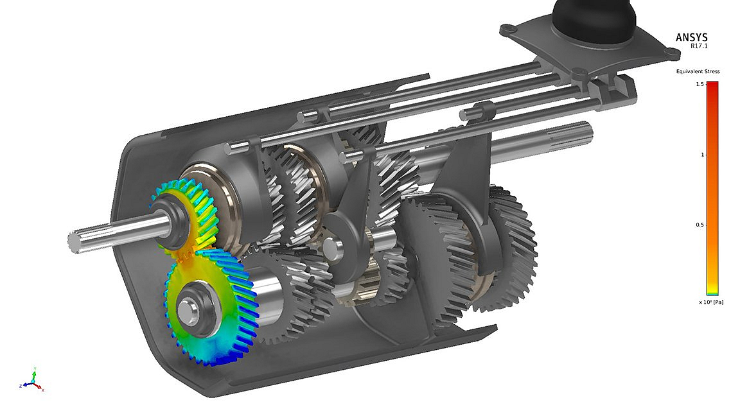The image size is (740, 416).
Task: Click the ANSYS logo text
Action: (691, 37)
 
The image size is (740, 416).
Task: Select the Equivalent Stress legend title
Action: (697, 71)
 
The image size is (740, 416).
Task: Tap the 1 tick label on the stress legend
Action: (701, 155)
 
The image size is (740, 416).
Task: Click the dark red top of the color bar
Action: (712, 86)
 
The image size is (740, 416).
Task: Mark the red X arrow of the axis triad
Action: (39, 388)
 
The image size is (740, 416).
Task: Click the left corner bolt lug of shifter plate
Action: (507, 29)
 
